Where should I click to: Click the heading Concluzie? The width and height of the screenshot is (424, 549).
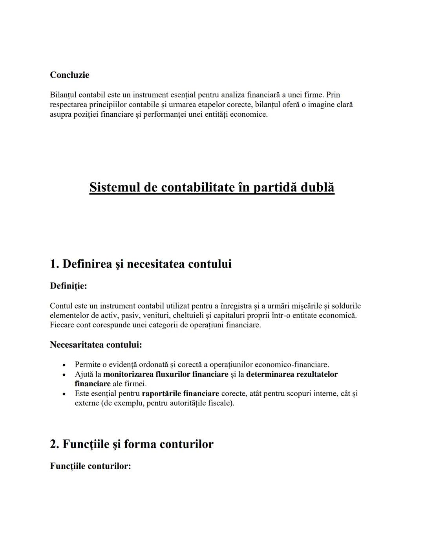tap(69, 75)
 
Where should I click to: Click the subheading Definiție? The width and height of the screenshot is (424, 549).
tap(68, 286)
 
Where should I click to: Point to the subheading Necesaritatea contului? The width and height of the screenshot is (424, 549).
tap(96, 345)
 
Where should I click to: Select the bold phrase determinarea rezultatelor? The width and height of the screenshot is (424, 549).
tap(292, 374)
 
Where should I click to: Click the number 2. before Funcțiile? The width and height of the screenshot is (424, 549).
tap(55, 444)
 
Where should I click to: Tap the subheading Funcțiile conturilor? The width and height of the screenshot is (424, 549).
tap(90, 466)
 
